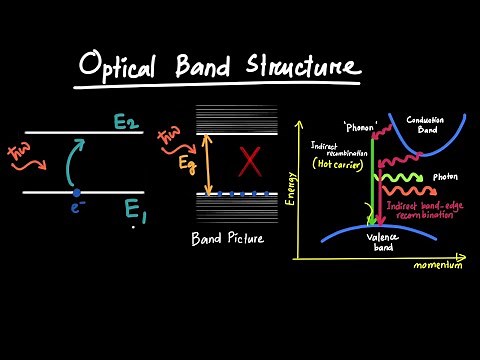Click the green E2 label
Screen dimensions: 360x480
point(126,122)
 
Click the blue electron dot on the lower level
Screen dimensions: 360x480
point(76,192)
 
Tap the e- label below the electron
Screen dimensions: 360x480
point(76,209)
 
